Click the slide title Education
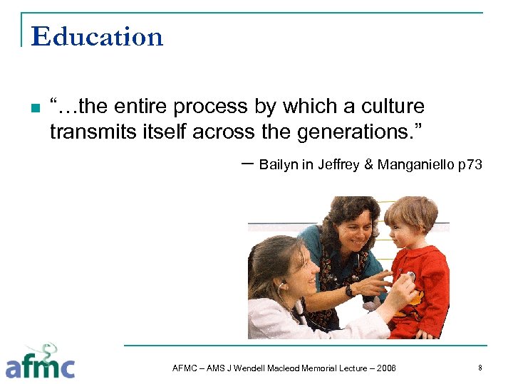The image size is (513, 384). [x=97, y=36]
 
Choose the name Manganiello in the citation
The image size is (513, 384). [x=415, y=165]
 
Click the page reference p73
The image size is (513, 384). [x=470, y=165]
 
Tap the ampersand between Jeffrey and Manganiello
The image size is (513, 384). [x=368, y=165]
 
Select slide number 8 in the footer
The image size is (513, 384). [x=480, y=368]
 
